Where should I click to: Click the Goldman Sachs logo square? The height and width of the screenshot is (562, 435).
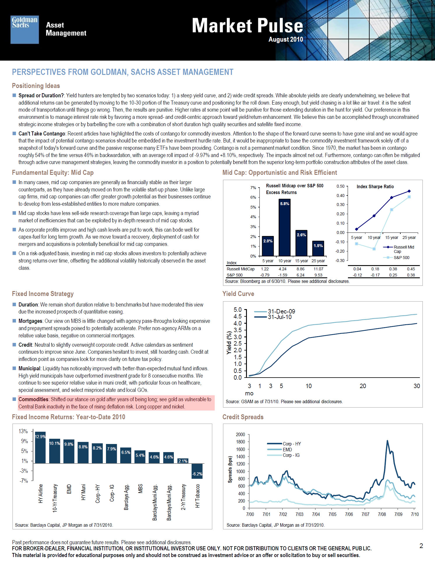tap(25, 30)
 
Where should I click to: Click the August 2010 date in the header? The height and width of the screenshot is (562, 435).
tap(286, 39)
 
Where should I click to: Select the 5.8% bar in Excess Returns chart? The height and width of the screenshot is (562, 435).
tap(284, 227)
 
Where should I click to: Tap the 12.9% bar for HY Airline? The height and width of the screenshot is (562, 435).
tap(40, 447)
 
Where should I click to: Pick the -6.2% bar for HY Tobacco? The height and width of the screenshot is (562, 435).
tap(197, 471)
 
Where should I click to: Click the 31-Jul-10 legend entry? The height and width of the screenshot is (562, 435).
tap(280, 317)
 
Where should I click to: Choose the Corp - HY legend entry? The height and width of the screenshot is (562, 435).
tap(292, 444)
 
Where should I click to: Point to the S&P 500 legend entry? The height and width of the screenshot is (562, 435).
tap(401, 258)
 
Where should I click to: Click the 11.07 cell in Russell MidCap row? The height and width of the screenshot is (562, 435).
tap(319, 269)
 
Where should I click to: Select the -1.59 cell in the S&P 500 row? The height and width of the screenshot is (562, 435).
tap(282, 275)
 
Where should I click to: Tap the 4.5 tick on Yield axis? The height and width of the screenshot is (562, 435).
tap(238, 316)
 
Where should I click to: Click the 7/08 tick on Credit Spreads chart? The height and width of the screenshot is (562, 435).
tap(382, 514)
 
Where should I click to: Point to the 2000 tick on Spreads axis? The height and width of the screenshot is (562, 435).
tap(241, 434)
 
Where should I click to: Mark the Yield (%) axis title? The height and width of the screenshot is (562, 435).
tap(229, 343)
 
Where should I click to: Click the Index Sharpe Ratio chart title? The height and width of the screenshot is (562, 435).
tap(375, 186)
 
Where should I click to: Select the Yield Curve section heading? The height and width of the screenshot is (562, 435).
tap(238, 294)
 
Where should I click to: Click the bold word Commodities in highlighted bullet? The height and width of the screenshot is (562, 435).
tap(33, 399)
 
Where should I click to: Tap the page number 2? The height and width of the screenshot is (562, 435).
tap(421, 546)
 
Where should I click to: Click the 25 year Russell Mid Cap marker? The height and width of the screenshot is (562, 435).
tap(409, 191)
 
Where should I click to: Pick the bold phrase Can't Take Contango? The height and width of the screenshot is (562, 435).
tap(42, 133)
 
